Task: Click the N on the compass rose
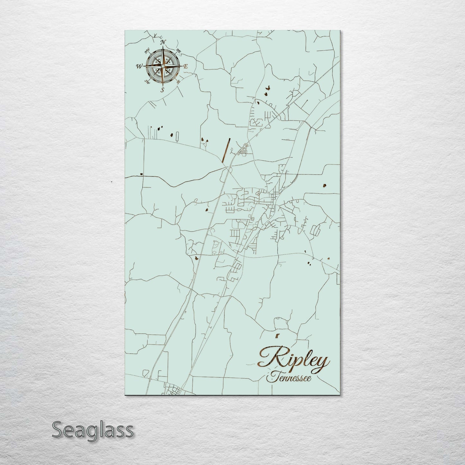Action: (x=163, y=42)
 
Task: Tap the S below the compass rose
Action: (x=163, y=90)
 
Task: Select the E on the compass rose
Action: (x=186, y=66)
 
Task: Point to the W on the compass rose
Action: (x=139, y=67)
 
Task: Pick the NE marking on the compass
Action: (x=179, y=51)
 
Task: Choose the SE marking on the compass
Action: (x=179, y=81)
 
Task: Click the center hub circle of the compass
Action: (x=163, y=66)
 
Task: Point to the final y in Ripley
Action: (x=322, y=362)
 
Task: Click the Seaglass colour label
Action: (x=92, y=430)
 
